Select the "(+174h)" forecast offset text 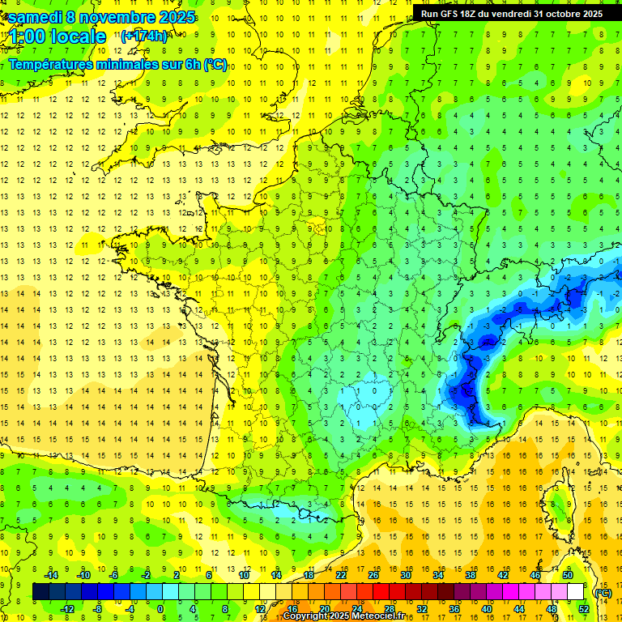[x=143, y=36]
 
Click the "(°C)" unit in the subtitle [x=215, y=64]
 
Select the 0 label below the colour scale [x=160, y=609]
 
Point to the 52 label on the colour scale [x=583, y=609]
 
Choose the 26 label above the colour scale [x=373, y=575]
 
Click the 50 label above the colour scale [x=567, y=575]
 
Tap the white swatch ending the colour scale [x=576, y=592]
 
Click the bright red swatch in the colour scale [x=381, y=592]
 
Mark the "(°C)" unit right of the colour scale [x=603, y=592]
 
